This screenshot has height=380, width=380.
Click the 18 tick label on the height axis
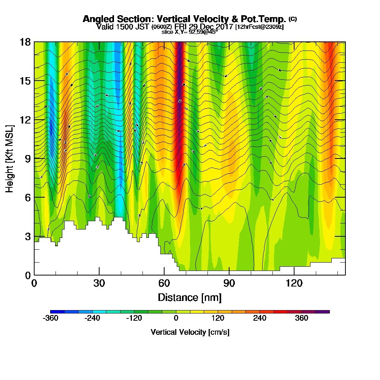point(25,42)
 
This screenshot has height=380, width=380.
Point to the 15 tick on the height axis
point(25,81)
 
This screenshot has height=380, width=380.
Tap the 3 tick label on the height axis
point(27,236)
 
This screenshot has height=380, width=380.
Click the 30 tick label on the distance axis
point(99,283)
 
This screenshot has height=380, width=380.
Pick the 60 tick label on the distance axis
point(164,283)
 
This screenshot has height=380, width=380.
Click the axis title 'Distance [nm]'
point(190,297)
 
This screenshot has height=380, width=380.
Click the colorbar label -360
point(51,318)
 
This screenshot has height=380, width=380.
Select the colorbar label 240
point(260,318)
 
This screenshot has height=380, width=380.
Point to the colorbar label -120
point(134,318)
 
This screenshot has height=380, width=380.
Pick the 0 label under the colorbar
point(176,318)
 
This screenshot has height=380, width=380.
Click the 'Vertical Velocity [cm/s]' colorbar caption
point(190,332)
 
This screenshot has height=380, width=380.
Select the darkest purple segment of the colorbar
point(323,312)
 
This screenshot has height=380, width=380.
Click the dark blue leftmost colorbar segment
point(57,312)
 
